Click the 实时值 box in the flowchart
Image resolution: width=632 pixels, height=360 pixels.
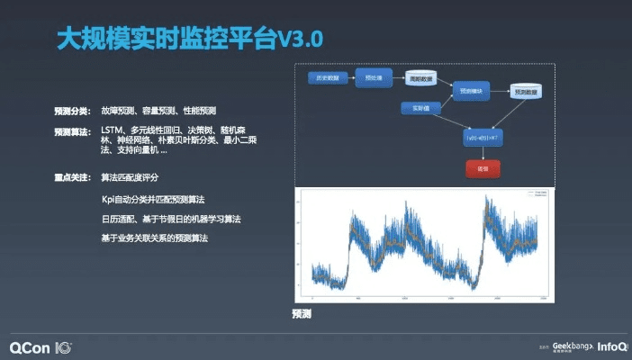point(419,108)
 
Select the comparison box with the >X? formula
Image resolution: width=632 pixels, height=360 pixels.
point(482,137)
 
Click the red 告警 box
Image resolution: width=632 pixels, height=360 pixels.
point(482,168)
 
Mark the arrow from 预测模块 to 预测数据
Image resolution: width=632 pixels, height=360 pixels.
point(500,91)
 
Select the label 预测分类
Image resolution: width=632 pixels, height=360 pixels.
point(71,112)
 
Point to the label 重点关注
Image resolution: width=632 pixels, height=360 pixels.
point(71,177)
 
